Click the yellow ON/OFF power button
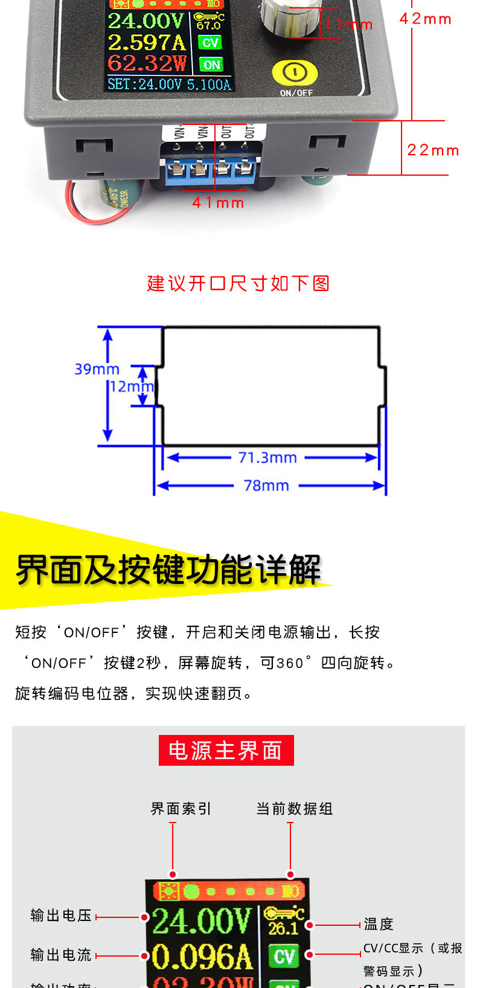[295, 72]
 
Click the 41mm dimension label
[218, 203]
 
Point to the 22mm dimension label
[433, 150]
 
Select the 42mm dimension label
[425, 19]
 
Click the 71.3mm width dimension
[267, 458]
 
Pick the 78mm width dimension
[266, 486]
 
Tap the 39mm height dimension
[97, 369]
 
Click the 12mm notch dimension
[131, 387]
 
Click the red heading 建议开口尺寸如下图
[238, 283]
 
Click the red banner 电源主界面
[226, 751]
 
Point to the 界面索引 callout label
[181, 809]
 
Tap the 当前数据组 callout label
[294, 809]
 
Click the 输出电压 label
[61, 916]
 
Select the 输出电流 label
[61, 955]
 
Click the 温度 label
[379, 924]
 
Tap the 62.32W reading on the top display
[147, 63]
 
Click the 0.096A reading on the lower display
[201, 957]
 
